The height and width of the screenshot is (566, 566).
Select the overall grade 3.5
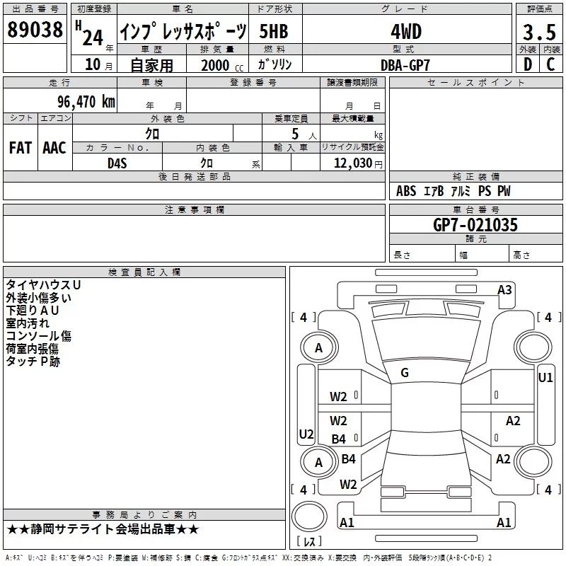538,32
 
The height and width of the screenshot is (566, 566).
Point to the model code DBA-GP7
405,64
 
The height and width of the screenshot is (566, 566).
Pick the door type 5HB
273,32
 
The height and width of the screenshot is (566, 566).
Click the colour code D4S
117,163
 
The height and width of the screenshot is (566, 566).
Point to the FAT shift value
20,148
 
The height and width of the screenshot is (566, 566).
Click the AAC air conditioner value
54,148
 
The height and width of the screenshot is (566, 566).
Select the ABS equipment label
406,191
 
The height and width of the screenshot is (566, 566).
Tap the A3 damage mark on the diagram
504,289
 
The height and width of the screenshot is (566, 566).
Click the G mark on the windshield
405,373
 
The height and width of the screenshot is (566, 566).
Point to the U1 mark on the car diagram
545,378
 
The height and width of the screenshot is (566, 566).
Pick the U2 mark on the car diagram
306,434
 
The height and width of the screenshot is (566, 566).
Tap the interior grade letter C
551,64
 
